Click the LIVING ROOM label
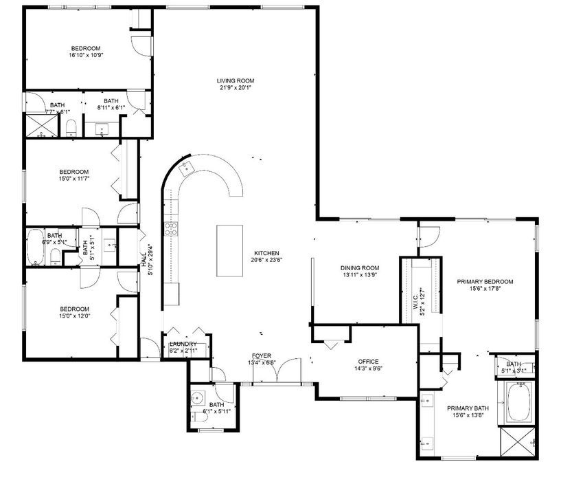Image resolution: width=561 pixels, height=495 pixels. point(231,80)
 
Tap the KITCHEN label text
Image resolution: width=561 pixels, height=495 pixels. point(265,252)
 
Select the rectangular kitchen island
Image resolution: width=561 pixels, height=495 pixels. point(231,250)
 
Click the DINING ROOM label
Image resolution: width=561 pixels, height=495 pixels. point(360,267)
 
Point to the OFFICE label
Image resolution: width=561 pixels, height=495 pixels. point(368,362)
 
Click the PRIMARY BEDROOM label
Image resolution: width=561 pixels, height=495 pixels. point(485,281)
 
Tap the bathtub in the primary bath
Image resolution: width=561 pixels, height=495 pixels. point(519,403)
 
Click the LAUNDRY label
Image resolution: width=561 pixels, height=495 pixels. point(183,344)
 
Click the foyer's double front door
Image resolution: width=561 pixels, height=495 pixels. point(286,371)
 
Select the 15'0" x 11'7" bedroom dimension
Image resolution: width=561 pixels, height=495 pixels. point(74,179)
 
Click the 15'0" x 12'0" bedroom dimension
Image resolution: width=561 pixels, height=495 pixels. point(74,316)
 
